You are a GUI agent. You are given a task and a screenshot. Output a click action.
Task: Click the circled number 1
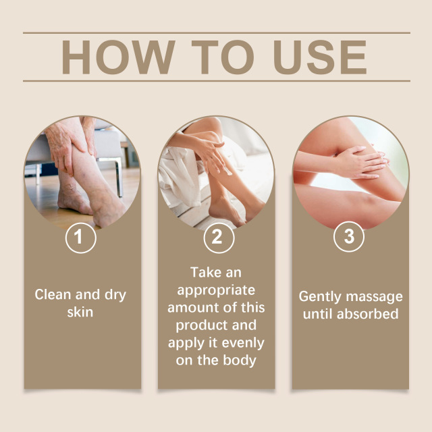81,238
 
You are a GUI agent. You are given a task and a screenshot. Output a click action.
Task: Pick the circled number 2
216,238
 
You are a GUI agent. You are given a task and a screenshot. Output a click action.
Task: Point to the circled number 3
350,238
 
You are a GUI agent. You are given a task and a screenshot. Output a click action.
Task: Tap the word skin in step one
80,312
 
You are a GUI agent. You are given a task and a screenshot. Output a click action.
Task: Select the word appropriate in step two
216,290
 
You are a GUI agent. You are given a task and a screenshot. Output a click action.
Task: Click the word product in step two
190,325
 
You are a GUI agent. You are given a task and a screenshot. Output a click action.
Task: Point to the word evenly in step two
241,342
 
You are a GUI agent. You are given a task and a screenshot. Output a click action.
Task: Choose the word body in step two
241,360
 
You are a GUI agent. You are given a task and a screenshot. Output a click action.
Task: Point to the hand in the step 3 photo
358,163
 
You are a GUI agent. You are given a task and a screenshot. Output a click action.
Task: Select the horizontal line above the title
216,32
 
